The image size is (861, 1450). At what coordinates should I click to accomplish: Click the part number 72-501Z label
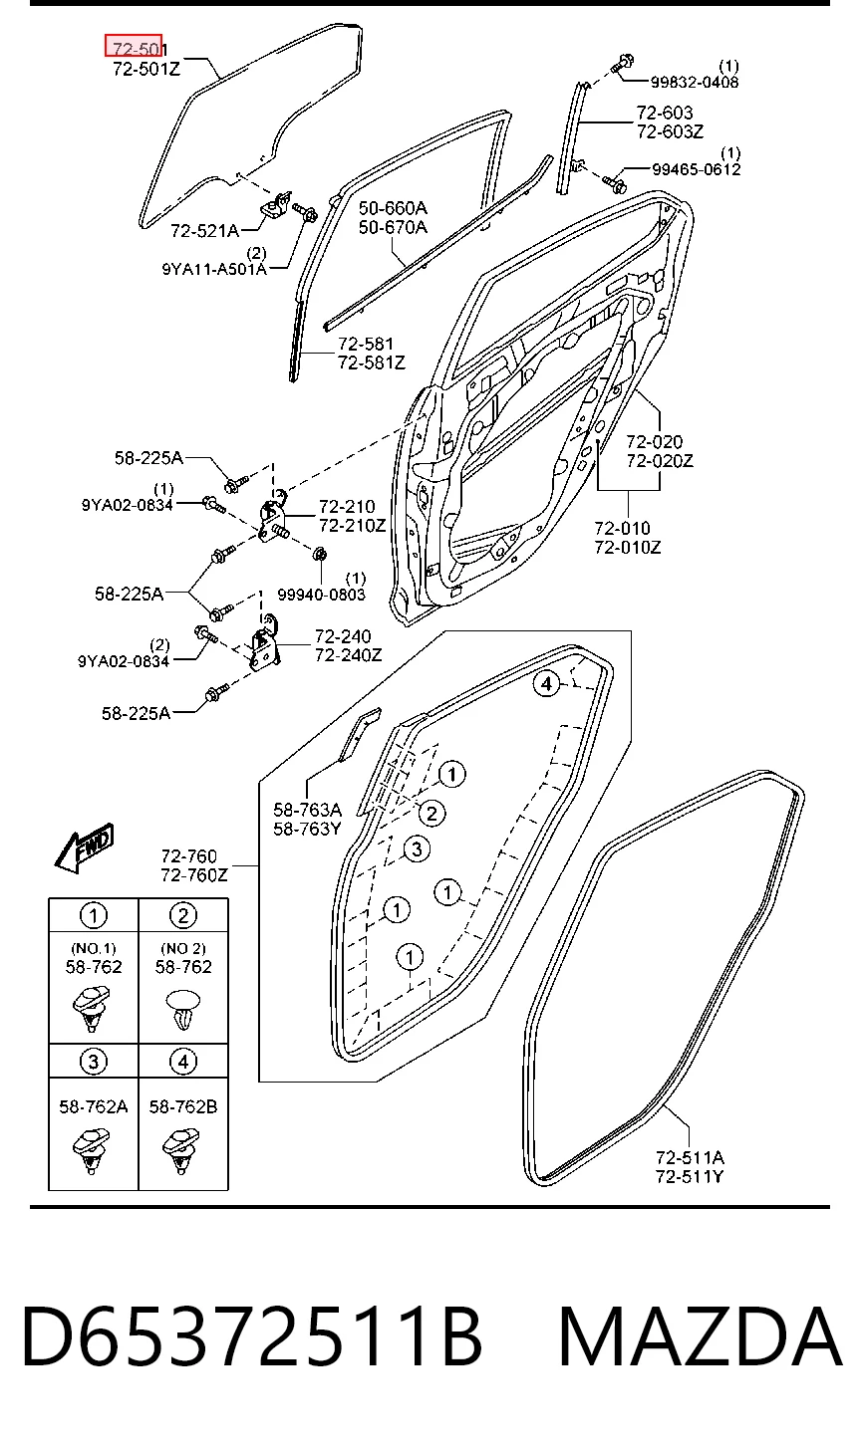[146, 69]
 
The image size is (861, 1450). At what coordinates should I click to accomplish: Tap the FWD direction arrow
[85, 847]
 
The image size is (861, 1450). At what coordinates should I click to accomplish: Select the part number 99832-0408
[695, 83]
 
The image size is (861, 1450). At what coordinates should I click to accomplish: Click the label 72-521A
[204, 230]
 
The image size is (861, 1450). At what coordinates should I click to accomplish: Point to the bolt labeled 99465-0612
[613, 184]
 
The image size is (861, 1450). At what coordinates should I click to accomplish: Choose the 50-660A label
[393, 208]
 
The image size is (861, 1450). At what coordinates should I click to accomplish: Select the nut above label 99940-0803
[320, 554]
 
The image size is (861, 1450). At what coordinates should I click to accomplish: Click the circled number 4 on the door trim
[547, 683]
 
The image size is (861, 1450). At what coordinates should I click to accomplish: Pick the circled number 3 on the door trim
[418, 848]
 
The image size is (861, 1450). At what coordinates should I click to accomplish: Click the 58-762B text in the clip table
[182, 1107]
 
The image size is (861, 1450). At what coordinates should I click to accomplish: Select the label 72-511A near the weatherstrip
[690, 1157]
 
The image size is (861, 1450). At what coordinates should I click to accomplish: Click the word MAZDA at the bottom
[701, 1334]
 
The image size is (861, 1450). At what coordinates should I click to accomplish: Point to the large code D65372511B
[252, 1335]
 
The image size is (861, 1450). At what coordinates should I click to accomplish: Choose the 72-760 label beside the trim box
[188, 856]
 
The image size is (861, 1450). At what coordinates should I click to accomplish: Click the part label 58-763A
[307, 809]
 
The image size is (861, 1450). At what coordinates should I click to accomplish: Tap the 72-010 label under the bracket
[622, 528]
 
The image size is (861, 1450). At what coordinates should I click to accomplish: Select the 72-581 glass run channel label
[366, 344]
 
